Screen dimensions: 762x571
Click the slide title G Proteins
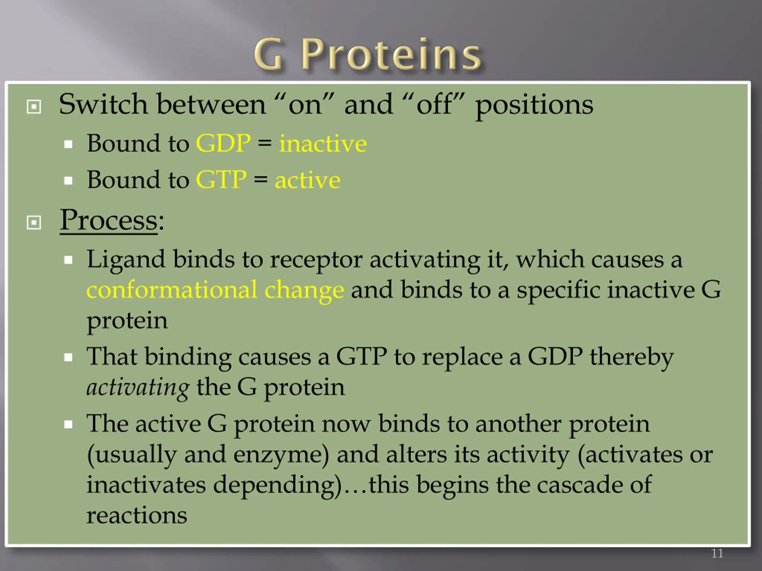[367, 54]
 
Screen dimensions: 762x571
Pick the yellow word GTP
[221, 179]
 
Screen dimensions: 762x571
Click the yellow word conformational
[171, 290]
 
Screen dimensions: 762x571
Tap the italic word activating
[138, 388]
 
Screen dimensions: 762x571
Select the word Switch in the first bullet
[103, 104]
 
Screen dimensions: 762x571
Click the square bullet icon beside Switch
[34, 107]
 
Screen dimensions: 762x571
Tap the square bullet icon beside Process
[34, 222]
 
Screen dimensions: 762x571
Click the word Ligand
[126, 260]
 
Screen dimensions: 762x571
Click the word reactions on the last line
[137, 516]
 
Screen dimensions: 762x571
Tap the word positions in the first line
[534, 105]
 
